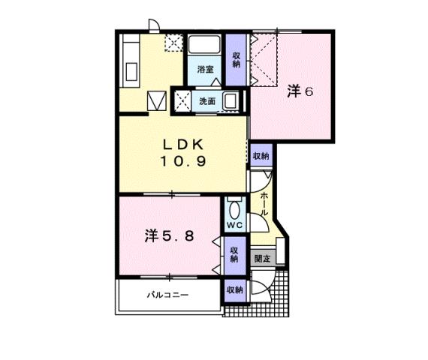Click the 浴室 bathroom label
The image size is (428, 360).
205,70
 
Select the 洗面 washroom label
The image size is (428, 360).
207,101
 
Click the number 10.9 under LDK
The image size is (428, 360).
182,160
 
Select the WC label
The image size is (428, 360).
231,223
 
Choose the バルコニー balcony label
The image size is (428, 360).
167,295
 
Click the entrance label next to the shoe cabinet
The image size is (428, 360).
262,258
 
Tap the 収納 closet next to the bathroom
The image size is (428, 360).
236,60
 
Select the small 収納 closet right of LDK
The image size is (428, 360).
261,156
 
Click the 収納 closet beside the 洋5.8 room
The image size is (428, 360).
234,253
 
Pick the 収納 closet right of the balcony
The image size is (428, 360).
234,289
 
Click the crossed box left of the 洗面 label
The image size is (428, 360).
181,100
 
